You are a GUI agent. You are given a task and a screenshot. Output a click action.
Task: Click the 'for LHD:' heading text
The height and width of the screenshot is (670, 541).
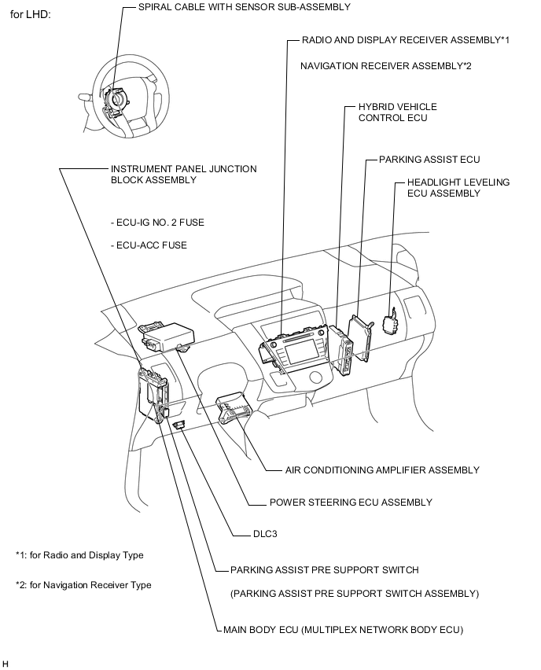[x=30, y=15]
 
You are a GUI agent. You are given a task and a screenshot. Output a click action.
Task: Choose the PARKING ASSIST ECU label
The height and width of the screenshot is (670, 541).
[x=429, y=159]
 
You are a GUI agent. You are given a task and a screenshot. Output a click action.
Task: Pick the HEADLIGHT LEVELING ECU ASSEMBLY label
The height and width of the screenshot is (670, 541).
[x=458, y=187]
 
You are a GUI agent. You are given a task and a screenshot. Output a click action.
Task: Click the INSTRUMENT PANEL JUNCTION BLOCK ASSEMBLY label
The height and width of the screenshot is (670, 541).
[x=183, y=174]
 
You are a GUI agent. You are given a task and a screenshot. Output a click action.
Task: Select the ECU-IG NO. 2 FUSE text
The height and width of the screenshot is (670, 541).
[x=157, y=223]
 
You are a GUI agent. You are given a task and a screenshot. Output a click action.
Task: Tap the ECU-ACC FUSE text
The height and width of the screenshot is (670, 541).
[x=149, y=245]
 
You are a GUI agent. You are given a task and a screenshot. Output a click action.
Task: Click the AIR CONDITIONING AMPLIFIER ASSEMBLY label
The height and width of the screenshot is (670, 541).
[x=382, y=470]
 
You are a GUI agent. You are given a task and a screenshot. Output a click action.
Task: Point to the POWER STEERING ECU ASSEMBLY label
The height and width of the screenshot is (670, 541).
[x=351, y=502]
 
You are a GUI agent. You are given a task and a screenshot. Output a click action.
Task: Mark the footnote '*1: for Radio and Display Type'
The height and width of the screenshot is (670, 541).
[x=79, y=555]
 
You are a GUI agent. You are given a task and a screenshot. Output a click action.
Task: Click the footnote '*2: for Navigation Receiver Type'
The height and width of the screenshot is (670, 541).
[x=83, y=585]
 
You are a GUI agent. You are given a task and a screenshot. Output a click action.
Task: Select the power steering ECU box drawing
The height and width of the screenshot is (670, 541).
[x=166, y=335]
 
